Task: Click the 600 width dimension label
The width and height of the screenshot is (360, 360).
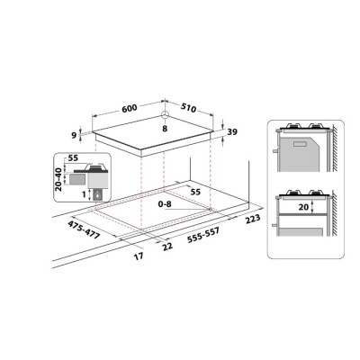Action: (x=130, y=108)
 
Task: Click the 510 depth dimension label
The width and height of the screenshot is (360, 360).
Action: (x=189, y=108)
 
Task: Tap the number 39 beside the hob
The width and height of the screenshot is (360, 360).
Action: (x=232, y=131)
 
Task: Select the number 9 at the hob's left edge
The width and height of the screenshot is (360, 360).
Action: (x=74, y=136)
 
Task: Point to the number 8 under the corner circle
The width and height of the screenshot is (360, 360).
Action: (x=165, y=129)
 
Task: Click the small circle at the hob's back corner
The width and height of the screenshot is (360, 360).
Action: (x=165, y=114)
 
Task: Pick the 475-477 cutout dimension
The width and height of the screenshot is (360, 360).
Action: (x=84, y=230)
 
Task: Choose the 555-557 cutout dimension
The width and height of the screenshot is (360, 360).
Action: (x=203, y=235)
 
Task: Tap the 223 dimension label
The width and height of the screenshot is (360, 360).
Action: (x=253, y=219)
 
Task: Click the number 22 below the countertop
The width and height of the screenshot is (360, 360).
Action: (x=167, y=246)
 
